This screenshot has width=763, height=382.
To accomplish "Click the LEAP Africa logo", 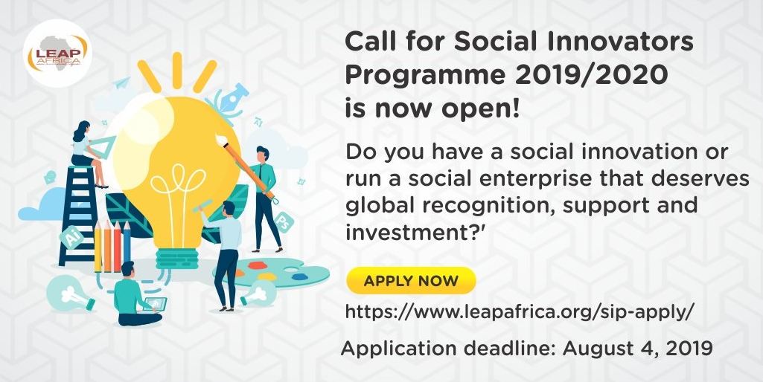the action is [57, 53].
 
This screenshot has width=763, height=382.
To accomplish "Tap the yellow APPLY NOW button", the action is [411, 280].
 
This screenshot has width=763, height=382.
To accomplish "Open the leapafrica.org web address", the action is [517, 312].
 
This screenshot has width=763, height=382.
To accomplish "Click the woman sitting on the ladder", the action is [89, 153].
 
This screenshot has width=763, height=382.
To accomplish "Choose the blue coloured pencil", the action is [127, 246].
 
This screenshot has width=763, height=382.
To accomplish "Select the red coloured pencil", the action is [118, 246].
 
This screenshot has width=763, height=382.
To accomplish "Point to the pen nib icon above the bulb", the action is [232, 101].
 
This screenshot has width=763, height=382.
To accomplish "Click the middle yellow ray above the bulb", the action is [177, 70].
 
